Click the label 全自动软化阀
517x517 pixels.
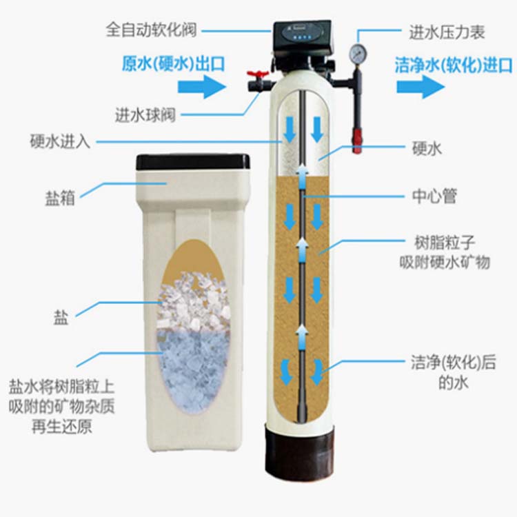point(152,31)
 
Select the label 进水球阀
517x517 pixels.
point(145,114)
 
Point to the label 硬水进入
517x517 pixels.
point(60,142)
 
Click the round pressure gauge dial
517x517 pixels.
point(357,54)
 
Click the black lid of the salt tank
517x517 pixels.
point(193,162)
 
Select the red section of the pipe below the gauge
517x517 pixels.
point(356,138)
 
